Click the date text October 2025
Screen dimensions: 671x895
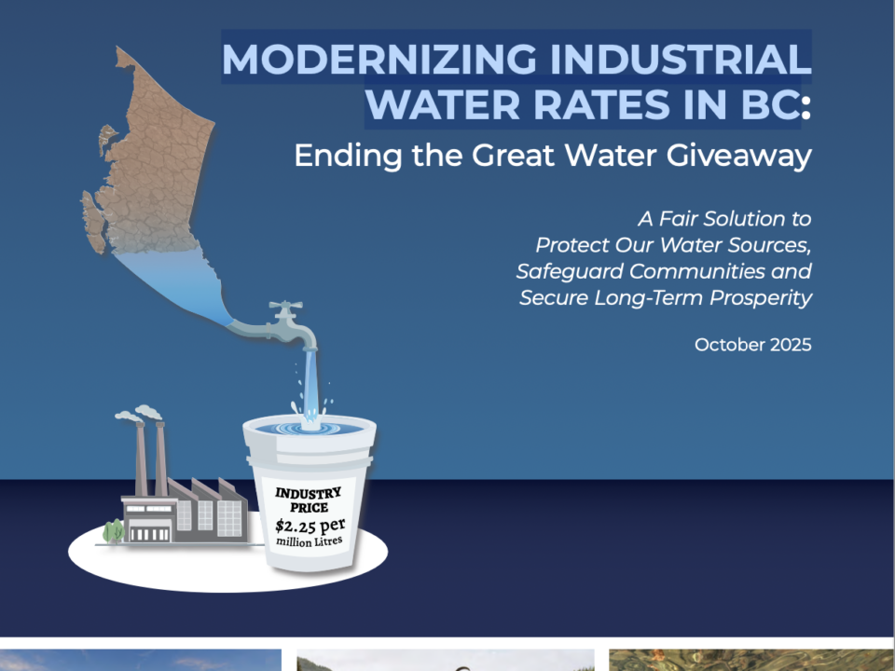pos(752,345)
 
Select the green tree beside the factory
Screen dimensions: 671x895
pos(113,531)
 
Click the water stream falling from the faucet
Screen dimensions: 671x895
pos(310,382)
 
